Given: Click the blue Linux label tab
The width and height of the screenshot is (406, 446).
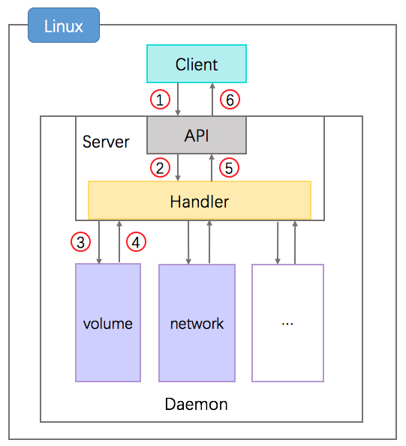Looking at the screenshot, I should (x=63, y=28).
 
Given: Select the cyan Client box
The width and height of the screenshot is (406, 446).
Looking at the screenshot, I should (x=196, y=64).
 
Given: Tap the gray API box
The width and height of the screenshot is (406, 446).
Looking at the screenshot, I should (x=196, y=135).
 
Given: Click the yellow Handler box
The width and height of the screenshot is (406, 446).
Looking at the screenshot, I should (x=199, y=201).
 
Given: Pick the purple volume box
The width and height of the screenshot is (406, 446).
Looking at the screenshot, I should (x=108, y=323).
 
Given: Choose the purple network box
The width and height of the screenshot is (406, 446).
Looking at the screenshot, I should (x=197, y=323).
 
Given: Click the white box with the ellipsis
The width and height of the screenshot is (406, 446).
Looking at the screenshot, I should (x=287, y=323).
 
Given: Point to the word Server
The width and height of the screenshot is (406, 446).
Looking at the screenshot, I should (x=106, y=142).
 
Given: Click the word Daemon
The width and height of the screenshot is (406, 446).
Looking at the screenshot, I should (x=196, y=404).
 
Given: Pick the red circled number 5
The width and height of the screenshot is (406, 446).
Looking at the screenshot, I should (x=230, y=168).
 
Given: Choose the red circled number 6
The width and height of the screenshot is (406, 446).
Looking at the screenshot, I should (x=230, y=98).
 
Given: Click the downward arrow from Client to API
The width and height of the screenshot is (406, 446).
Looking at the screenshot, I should (x=177, y=99).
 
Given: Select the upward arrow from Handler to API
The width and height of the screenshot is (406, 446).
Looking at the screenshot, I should (x=212, y=168).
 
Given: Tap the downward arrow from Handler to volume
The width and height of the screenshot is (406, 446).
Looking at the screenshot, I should (x=100, y=241).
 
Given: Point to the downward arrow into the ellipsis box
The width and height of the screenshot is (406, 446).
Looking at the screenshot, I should (x=278, y=241).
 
